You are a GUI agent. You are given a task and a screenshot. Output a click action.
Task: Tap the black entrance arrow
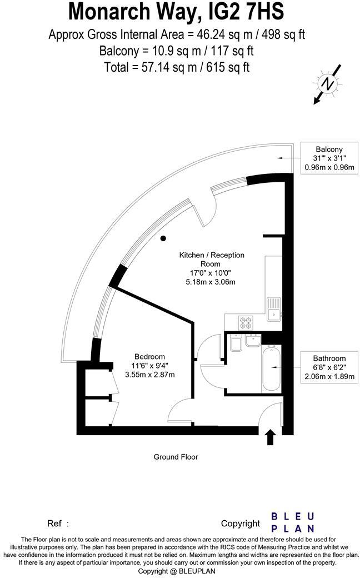coord(271,437)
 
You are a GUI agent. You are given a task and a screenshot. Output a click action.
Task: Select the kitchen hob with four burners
coord(246,322)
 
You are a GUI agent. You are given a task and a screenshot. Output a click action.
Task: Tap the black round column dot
coord(163,238)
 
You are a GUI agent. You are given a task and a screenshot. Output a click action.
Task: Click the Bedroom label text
coord(149,356)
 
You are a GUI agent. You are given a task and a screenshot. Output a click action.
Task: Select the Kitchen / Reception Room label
coord(211,260)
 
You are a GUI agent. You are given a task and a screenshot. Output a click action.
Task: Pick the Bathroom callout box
coord(329,367)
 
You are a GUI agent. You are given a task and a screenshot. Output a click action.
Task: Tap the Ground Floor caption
coord(176,457)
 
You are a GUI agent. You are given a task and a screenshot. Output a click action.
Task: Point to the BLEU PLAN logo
coord(292,522)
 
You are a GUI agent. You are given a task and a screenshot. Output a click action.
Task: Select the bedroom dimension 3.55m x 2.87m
coord(149,374)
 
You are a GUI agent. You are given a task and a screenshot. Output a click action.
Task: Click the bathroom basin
coord(253,341)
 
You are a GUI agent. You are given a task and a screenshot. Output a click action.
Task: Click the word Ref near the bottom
coord(55,523)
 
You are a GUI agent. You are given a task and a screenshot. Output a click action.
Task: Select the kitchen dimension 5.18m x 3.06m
coord(211,282)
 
